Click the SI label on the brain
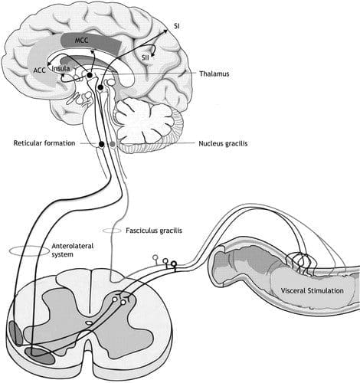[x=177, y=26]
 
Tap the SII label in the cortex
[x=146, y=57]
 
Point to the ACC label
[x=40, y=70]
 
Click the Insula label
[x=61, y=68]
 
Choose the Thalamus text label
[x=214, y=74]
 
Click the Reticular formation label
[x=44, y=143]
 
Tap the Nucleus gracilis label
[x=223, y=143]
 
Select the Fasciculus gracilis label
[x=154, y=231]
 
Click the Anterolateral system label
[x=73, y=250]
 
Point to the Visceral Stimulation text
[x=312, y=290]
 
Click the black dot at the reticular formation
[x=102, y=144]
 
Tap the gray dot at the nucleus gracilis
[x=113, y=144]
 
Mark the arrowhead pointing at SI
[x=165, y=31]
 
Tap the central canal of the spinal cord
[x=89, y=322]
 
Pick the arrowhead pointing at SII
[x=152, y=54]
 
